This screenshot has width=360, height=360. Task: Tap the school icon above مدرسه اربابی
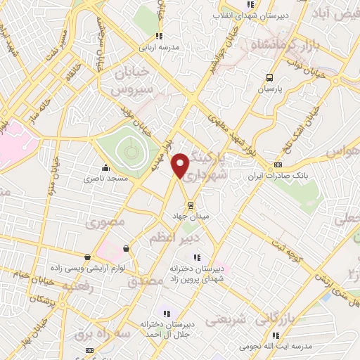click(x=160, y=35)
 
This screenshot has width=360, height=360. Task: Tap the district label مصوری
click(x=105, y=224)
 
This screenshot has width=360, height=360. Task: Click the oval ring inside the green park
click(x=128, y=148)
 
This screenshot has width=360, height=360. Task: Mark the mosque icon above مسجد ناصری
click(x=105, y=168)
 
